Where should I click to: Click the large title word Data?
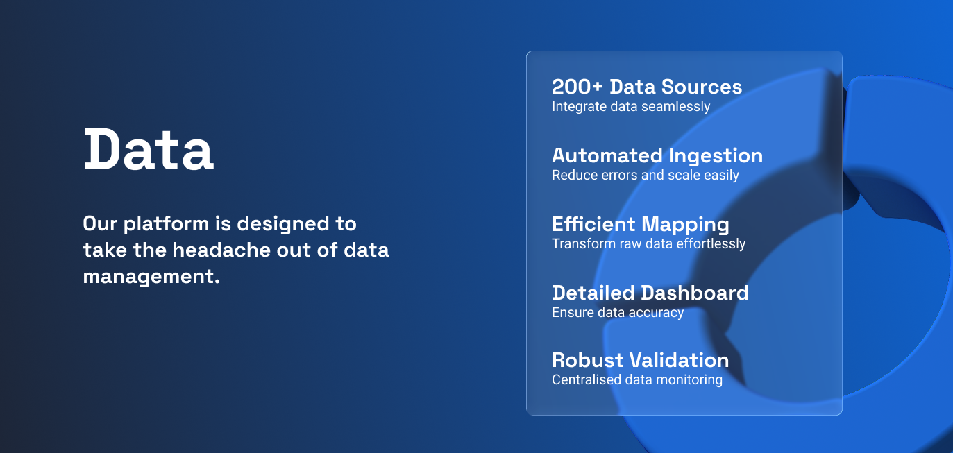[x=149, y=149]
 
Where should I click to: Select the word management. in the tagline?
[x=151, y=276]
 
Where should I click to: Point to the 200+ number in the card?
[x=577, y=87]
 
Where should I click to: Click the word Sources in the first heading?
[x=701, y=87]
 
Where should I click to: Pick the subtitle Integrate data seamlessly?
[x=631, y=107]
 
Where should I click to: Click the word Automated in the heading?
[x=607, y=155]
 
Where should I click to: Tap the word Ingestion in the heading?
[x=716, y=156]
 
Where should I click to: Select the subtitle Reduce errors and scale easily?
[x=646, y=176]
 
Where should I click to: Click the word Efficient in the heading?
[x=593, y=224]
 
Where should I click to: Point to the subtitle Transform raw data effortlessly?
[x=648, y=244]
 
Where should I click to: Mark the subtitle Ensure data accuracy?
[x=618, y=313]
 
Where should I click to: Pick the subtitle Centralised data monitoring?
[x=637, y=380]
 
